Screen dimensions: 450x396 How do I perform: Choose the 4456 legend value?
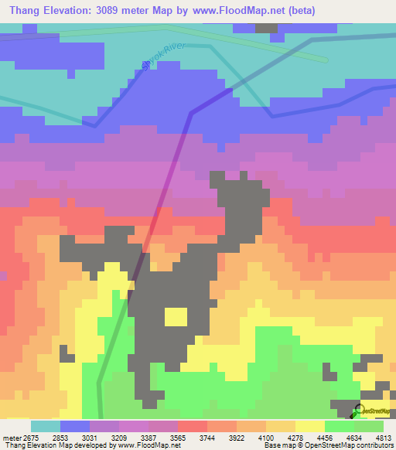coord(325,437)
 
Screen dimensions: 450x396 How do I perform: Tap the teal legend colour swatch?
coord(45,426)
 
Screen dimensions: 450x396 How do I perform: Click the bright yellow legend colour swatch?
coord(309,426)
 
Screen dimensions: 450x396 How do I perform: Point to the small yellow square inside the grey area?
coord(176,317)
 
